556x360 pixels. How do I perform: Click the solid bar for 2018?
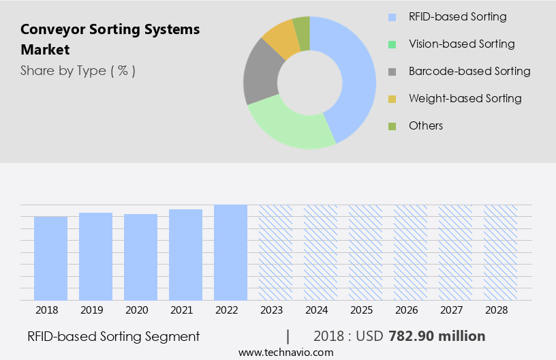pyautogui.click(x=50, y=258)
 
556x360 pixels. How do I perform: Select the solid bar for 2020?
pyautogui.click(x=140, y=257)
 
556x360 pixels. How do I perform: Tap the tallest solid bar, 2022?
pyautogui.click(x=230, y=252)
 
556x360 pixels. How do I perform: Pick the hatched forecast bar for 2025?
pyautogui.click(x=365, y=252)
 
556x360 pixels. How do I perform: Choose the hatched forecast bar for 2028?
pyautogui.click(x=500, y=252)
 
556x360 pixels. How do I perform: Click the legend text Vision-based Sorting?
pyautogui.click(x=461, y=44)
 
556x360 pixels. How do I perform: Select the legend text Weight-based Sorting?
pyautogui.click(x=465, y=98)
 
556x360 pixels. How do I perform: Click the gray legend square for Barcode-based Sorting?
pyautogui.click(x=392, y=72)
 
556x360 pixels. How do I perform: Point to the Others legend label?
pyautogui.click(x=426, y=125)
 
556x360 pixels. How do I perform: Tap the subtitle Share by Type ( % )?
pyautogui.click(x=78, y=71)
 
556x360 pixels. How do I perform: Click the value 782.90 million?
pyautogui.click(x=437, y=336)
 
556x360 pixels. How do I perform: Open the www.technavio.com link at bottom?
pyautogui.click(x=285, y=352)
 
